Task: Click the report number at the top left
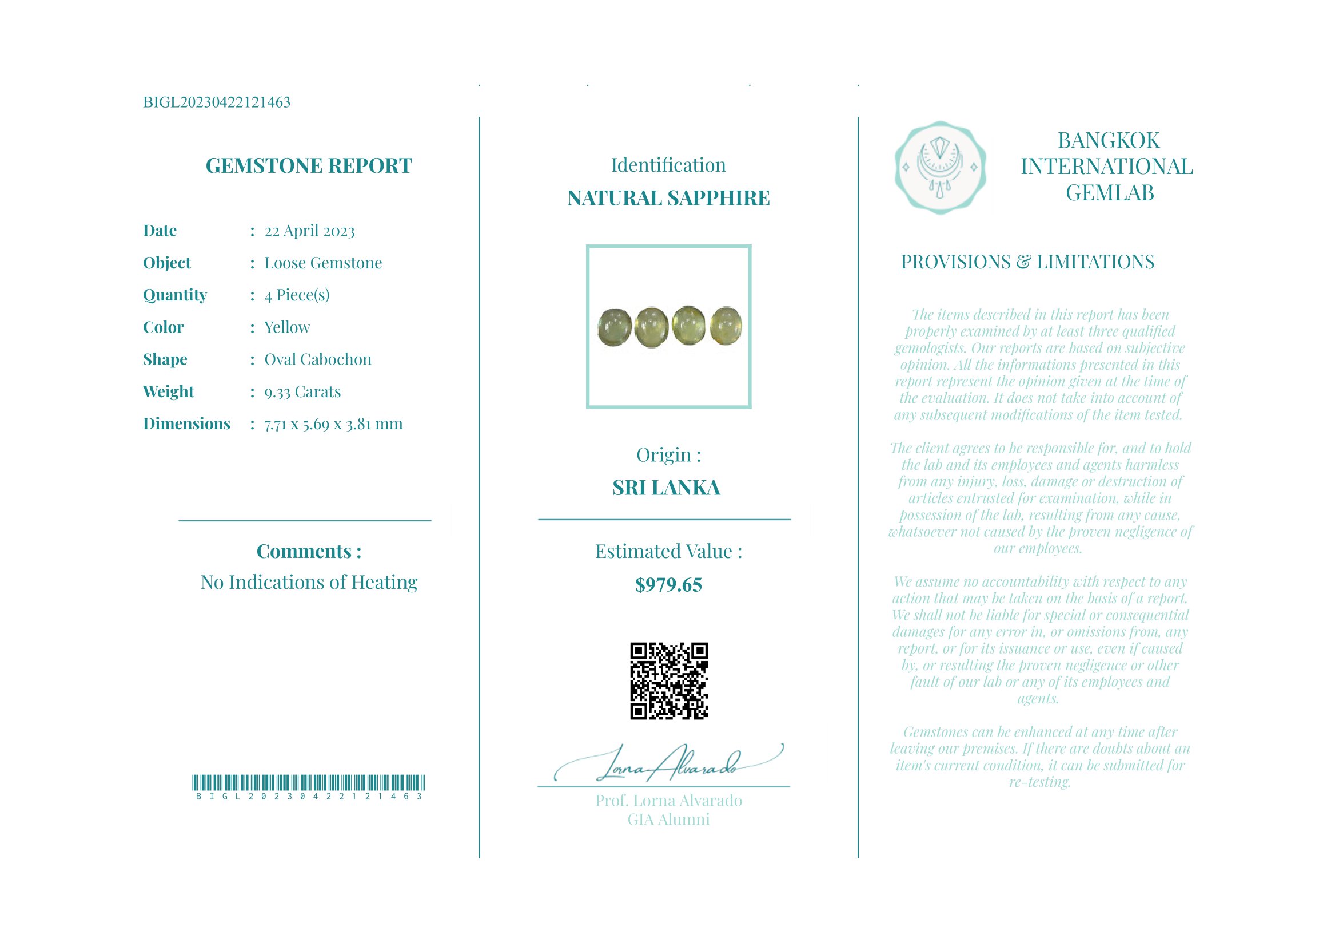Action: [216, 102]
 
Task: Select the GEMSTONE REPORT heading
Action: [309, 167]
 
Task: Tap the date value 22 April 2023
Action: [309, 231]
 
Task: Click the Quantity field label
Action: [175, 295]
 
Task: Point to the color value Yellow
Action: [287, 327]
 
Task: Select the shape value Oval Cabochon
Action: [318, 359]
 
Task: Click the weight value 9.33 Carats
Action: [302, 391]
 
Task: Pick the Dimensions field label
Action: [186, 423]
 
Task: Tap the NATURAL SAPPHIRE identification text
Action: [668, 199]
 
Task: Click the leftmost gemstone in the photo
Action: [615, 327]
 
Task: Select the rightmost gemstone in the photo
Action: [726, 325]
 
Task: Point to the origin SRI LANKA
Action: [666, 488]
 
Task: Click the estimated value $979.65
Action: [668, 585]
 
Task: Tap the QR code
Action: [669, 681]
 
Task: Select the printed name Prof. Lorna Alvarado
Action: [668, 801]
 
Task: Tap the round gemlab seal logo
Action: [940, 168]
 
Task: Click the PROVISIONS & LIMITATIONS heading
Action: [1027, 262]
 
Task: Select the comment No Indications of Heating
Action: [309, 583]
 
